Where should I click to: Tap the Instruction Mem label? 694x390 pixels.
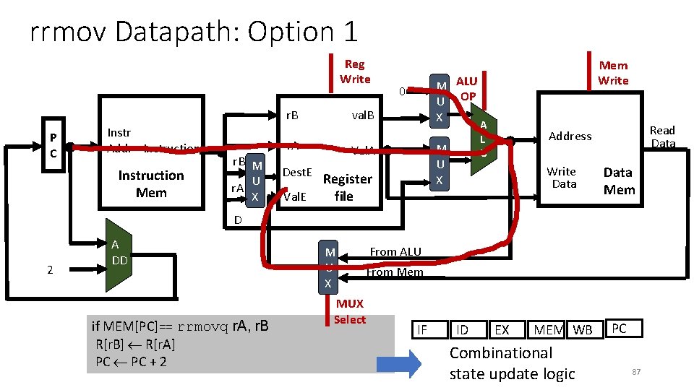(151, 184)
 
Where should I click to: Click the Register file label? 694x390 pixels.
(347, 187)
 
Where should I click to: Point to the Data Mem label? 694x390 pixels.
(618, 181)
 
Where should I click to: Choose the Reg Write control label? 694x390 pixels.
(354, 71)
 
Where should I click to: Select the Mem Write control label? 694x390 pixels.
(613, 72)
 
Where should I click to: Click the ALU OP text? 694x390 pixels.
(467, 88)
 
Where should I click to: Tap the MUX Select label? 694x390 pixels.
(350, 311)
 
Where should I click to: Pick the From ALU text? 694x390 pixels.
(395, 251)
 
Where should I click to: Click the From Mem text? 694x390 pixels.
(394, 272)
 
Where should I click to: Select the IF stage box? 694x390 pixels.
(422, 330)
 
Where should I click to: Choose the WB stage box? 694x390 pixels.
(583, 330)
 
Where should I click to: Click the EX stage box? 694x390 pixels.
(501, 330)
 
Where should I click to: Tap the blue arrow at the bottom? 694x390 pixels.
(398, 362)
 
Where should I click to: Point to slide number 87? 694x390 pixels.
(637, 371)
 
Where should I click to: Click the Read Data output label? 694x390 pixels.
(662, 136)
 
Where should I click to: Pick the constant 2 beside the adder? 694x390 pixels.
(50, 270)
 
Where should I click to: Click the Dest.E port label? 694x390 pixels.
(297, 172)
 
